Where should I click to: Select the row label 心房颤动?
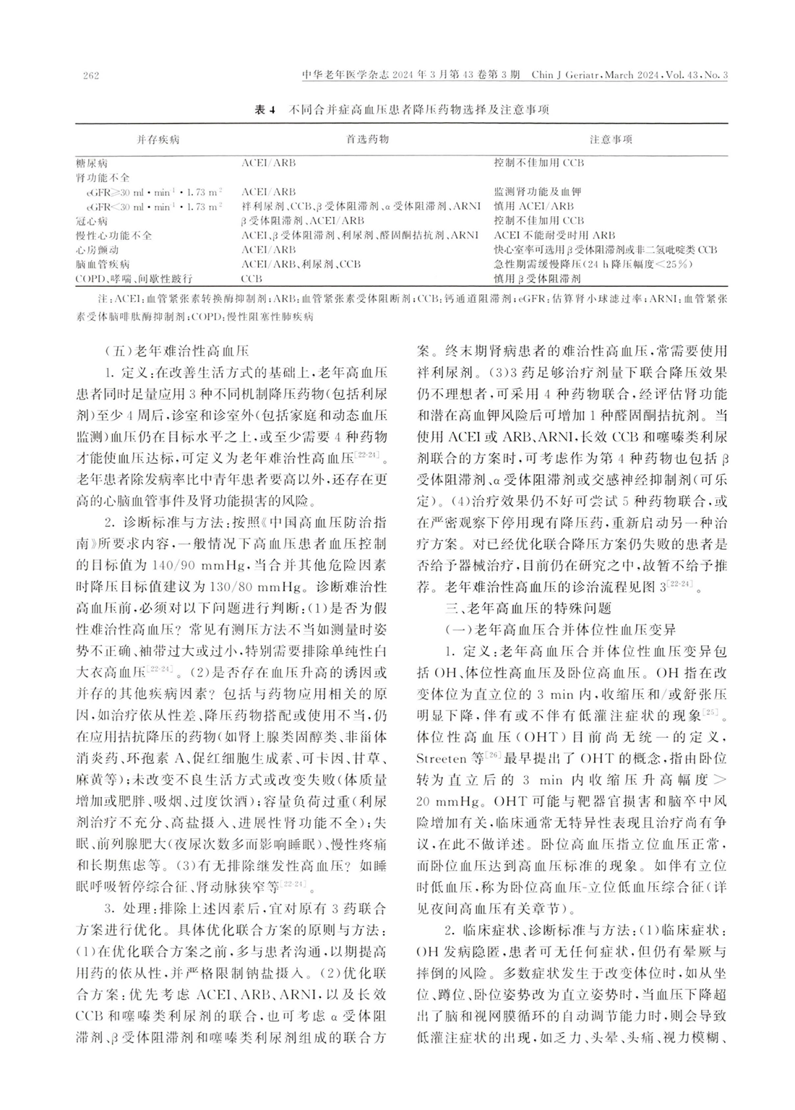97,250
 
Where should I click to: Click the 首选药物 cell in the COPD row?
252,278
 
